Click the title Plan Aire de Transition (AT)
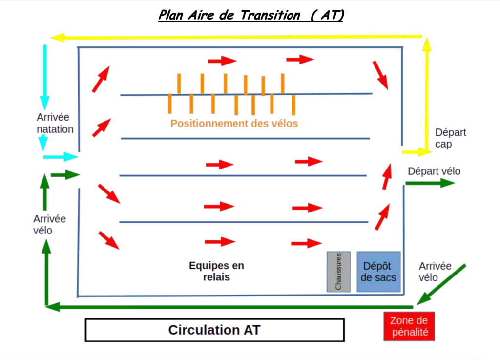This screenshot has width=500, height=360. [251, 15]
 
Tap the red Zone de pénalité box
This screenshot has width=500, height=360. [409, 326]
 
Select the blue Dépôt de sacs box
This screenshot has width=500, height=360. [378, 272]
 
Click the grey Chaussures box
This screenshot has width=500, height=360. [338, 272]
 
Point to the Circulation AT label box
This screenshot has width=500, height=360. [215, 330]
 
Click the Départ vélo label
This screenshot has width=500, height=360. [434, 171]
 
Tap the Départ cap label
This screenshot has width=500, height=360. [450, 138]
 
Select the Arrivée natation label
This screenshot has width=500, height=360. [55, 123]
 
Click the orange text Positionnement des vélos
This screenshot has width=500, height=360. [234, 124]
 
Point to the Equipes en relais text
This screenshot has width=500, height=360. [216, 271]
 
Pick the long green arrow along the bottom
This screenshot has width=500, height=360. [229, 307]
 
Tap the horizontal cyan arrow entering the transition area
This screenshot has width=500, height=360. [61, 157]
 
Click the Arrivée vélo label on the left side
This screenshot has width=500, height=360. [49, 224]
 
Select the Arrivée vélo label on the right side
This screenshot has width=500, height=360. [435, 272]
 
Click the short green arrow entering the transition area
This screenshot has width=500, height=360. [64, 174]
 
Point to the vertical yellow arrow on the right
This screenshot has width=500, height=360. [427, 93]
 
